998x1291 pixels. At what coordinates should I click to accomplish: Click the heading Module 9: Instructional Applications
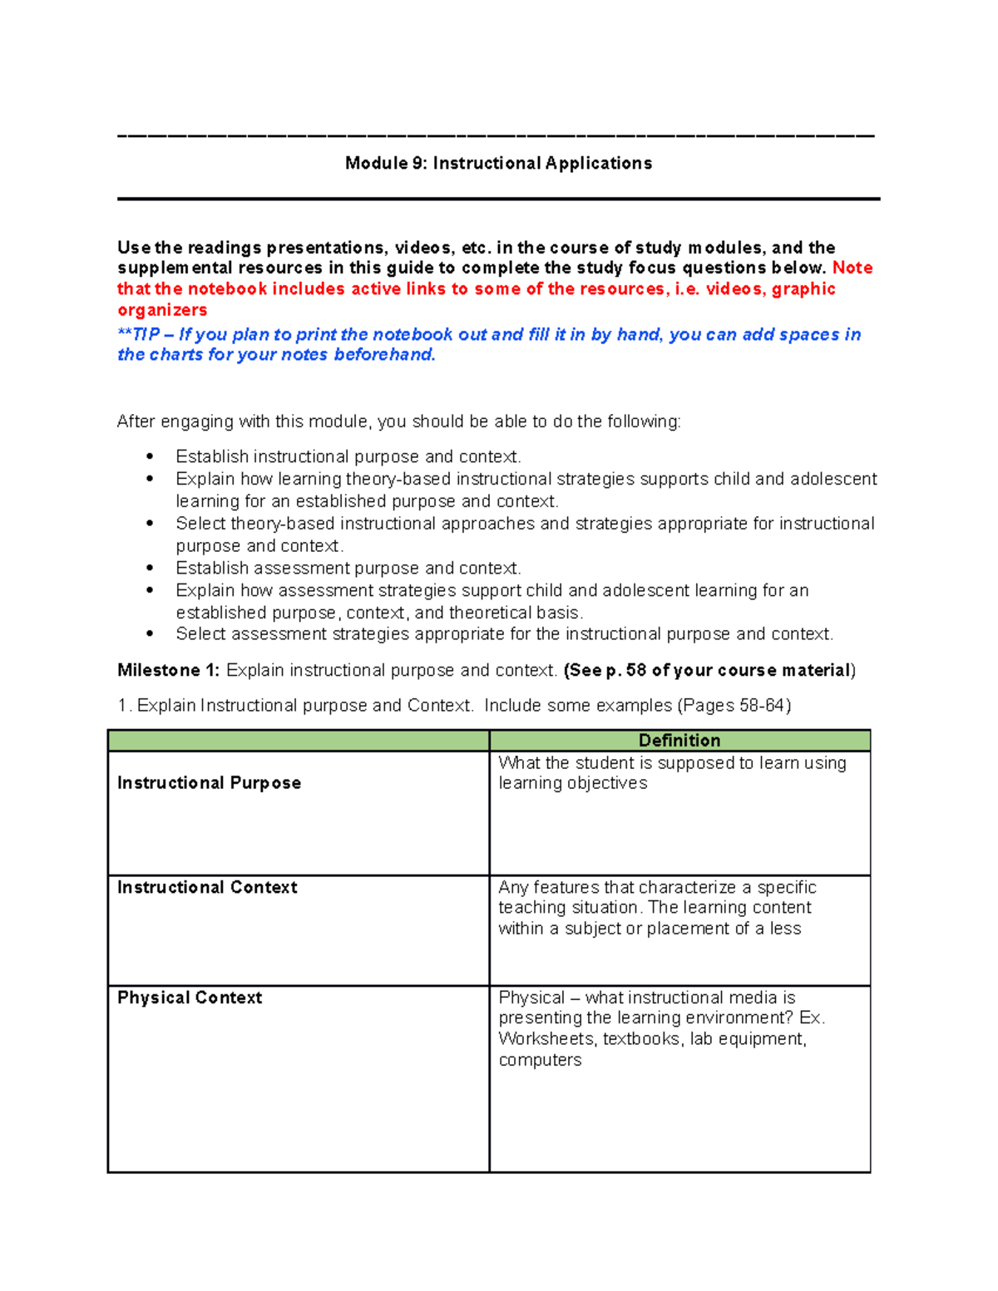click(498, 164)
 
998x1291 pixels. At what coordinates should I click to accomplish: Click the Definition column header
click(679, 741)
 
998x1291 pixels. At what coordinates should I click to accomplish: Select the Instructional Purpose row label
click(209, 783)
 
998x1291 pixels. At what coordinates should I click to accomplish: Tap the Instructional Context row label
click(207, 888)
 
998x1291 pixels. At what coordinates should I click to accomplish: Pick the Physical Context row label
click(190, 998)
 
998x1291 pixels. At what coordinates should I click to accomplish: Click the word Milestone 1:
click(169, 671)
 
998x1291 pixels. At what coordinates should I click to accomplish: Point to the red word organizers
click(162, 310)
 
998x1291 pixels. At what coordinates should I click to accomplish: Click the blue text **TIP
click(139, 335)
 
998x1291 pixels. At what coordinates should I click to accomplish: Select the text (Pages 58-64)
click(734, 706)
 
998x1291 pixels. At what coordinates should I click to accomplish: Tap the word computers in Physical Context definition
click(540, 1060)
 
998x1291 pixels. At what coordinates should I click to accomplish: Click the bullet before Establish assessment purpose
click(150, 568)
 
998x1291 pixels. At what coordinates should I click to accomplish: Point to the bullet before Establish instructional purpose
click(150, 456)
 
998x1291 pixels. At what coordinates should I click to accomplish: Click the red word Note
click(852, 268)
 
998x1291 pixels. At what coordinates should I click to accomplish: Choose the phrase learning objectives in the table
click(572, 783)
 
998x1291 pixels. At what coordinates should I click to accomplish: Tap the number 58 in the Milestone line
click(636, 671)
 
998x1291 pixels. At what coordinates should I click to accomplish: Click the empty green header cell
click(298, 741)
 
